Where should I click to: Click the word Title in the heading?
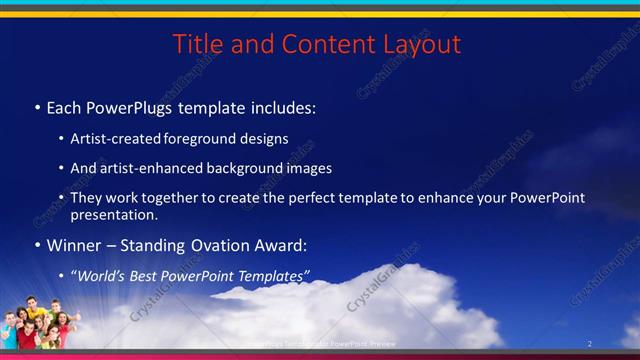195,45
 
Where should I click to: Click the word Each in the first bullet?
65,106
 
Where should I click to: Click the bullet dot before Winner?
37,246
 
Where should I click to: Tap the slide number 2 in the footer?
590,344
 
